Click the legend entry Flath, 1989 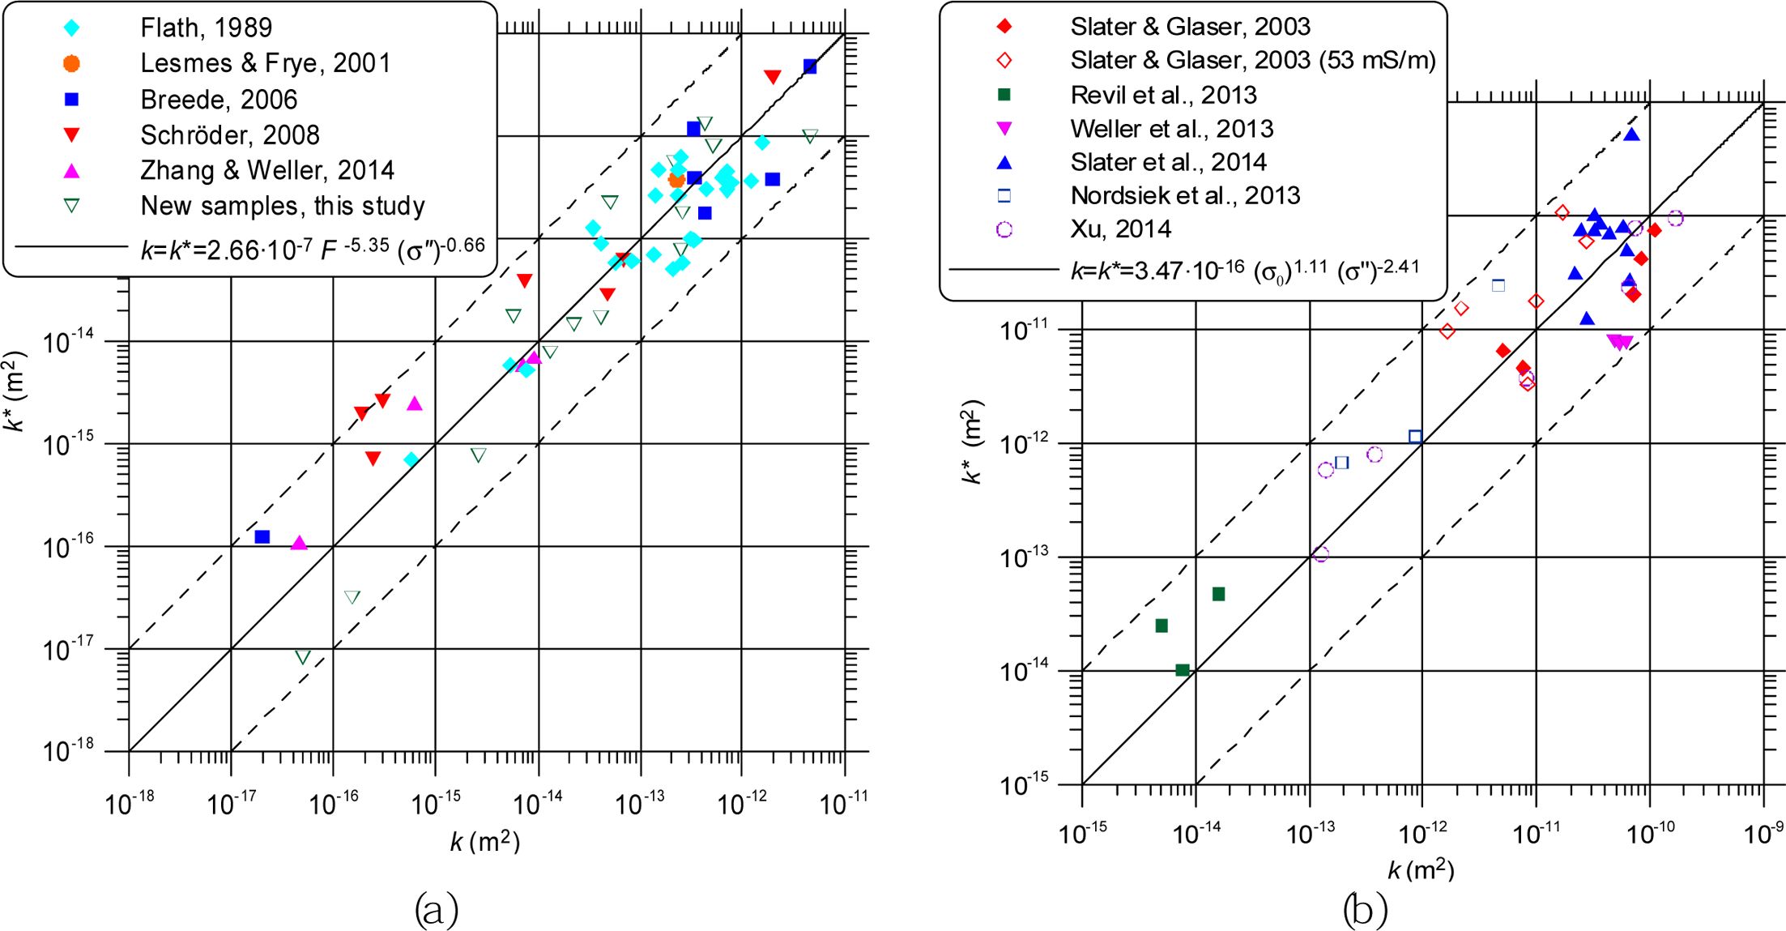(206, 28)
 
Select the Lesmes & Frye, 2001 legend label (266, 63)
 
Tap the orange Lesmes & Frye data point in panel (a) (676, 180)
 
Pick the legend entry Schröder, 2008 (230, 135)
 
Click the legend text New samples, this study (283, 206)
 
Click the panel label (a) (436, 909)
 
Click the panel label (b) (1365, 909)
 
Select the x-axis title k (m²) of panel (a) (484, 842)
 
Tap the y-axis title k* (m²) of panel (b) (971, 442)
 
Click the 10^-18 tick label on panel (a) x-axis (130, 804)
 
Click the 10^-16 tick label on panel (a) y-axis (68, 548)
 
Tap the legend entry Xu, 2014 (1120, 228)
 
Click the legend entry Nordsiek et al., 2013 (1185, 195)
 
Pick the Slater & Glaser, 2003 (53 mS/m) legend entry (1252, 60)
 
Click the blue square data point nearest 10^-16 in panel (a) (262, 536)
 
